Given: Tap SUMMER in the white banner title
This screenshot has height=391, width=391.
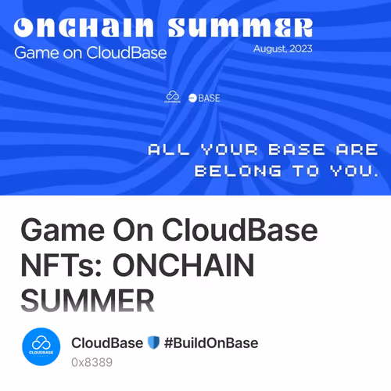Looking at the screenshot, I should [240, 29].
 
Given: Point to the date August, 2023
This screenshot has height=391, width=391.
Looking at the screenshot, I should [282, 48].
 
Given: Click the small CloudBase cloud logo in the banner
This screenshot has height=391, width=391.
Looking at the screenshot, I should [173, 97].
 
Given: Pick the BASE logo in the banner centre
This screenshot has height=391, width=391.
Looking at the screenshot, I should [204, 98].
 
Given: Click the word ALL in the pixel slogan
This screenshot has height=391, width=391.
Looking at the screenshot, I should [168, 149].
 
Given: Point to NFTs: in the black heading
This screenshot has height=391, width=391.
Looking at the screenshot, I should [62, 267].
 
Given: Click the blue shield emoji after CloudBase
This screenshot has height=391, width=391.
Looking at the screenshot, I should [153, 343].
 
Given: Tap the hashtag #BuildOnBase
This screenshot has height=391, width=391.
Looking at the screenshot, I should [211, 343].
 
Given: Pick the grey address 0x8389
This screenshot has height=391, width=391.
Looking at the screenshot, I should [91, 362].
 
